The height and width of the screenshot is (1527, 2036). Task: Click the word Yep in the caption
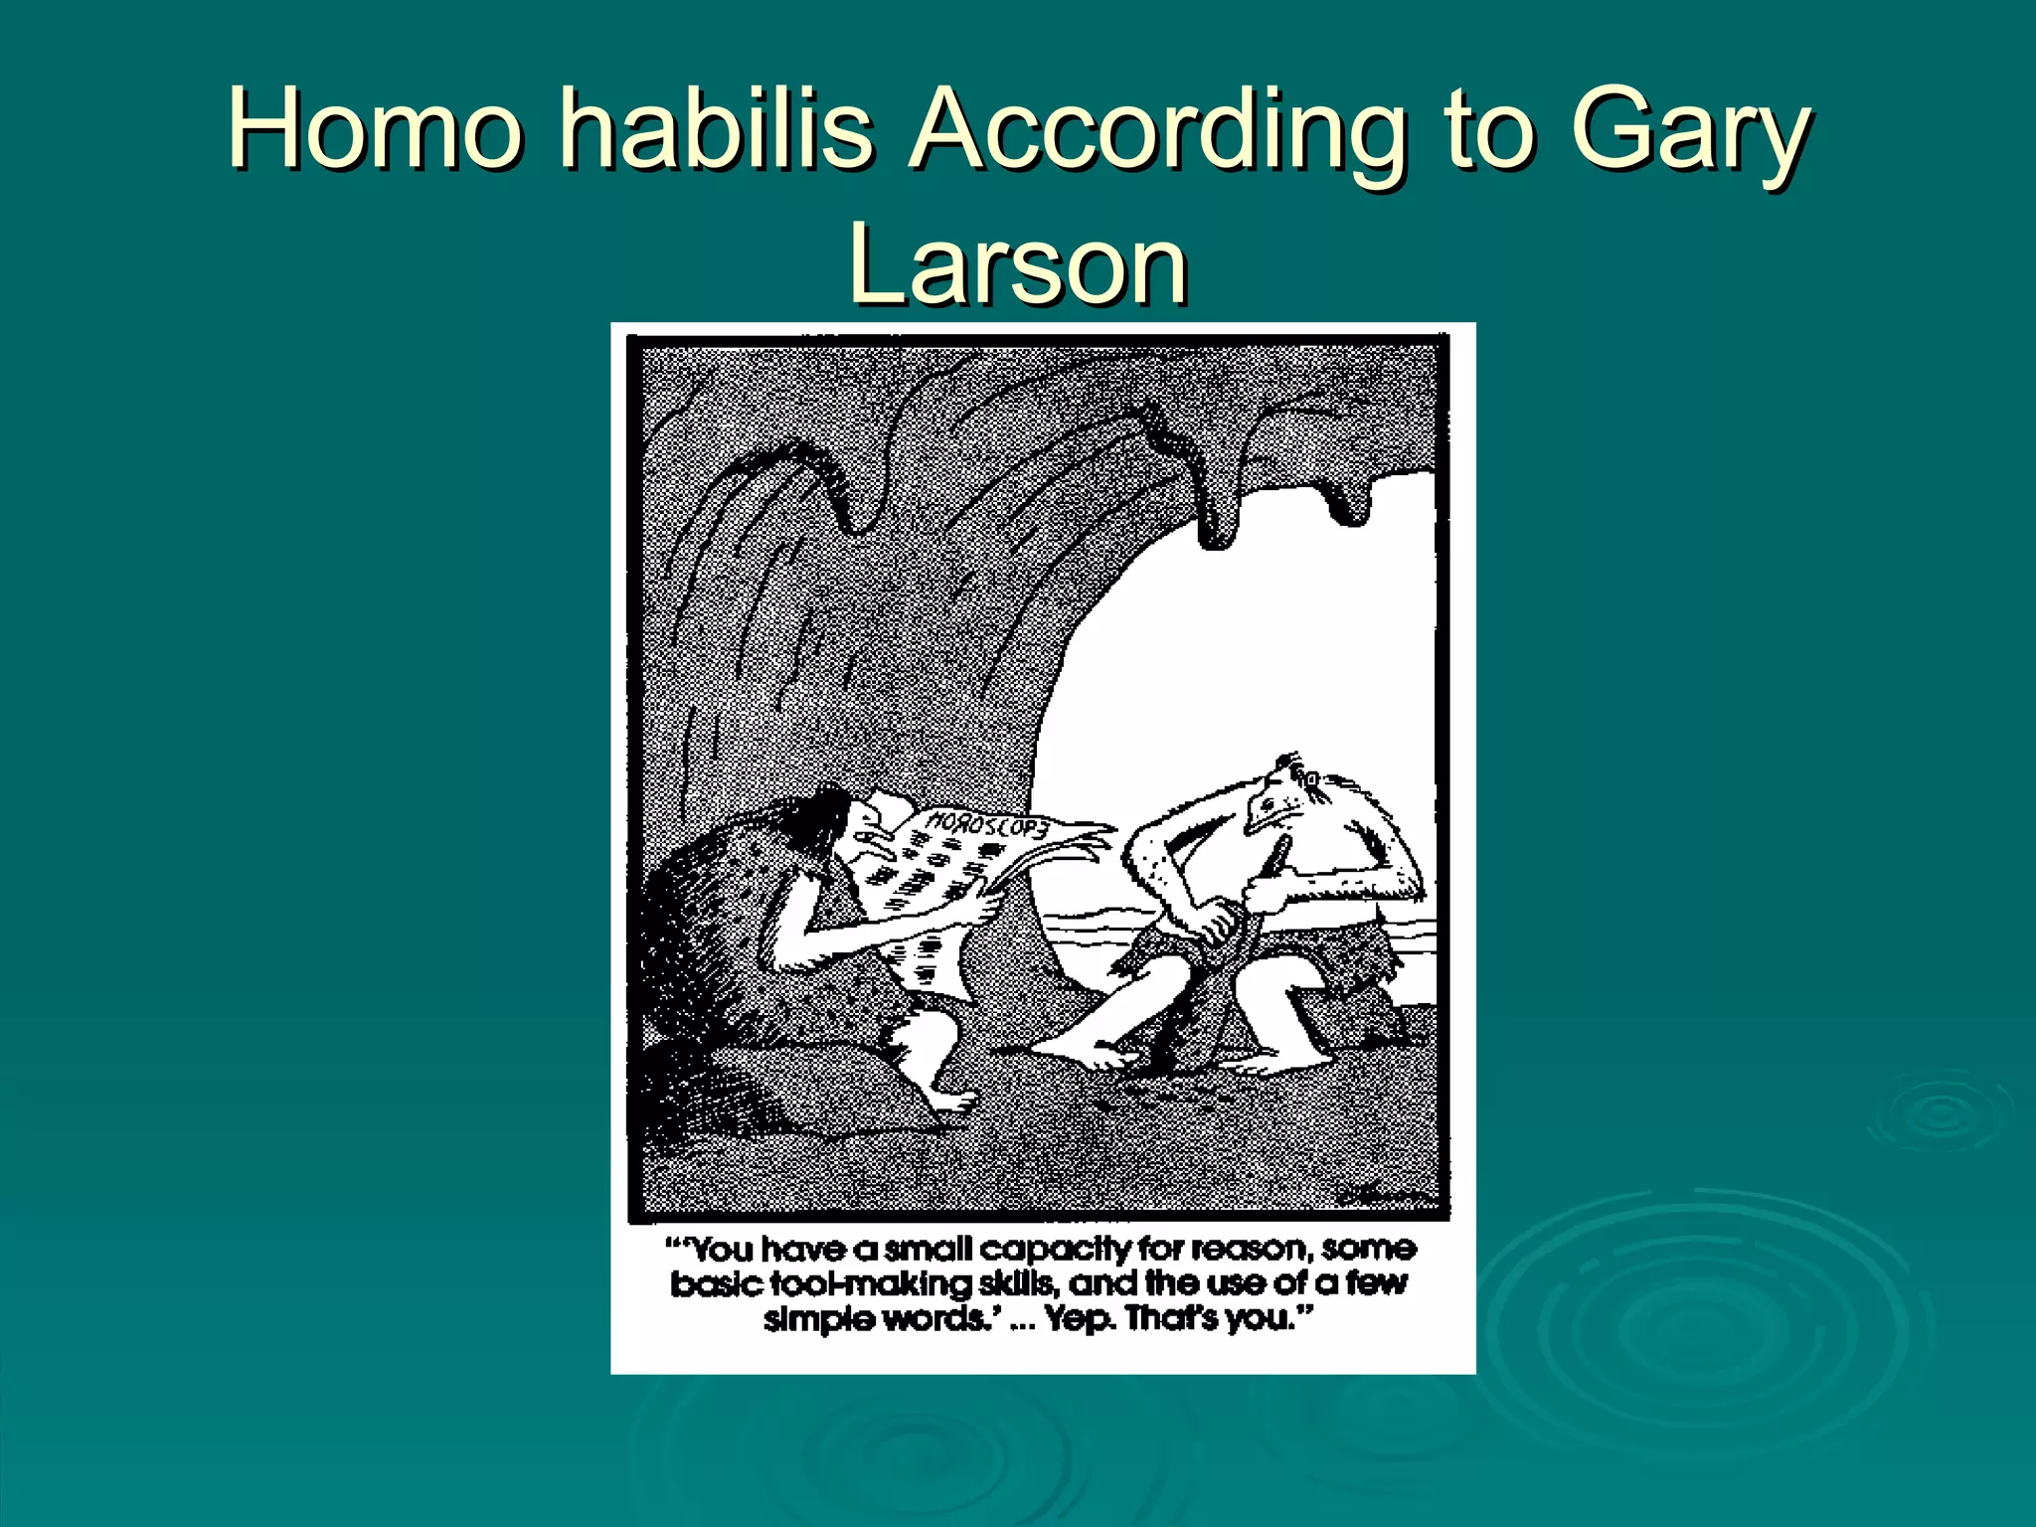click(1080, 1319)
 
